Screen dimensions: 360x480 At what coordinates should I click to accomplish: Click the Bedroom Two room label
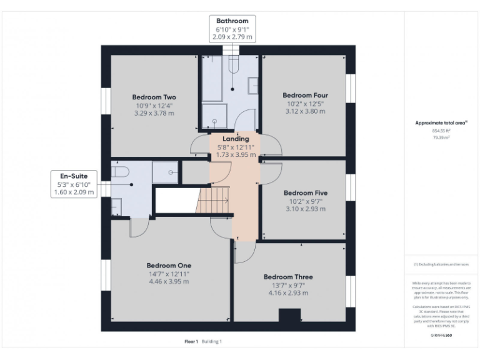pyautogui.click(x=154, y=97)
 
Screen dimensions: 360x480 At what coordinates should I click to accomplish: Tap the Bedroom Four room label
pyautogui.click(x=305, y=95)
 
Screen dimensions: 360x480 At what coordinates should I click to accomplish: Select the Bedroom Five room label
pyautogui.click(x=306, y=192)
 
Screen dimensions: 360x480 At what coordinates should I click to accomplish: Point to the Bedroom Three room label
pyautogui.click(x=288, y=276)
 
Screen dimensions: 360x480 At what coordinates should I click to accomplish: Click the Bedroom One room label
pyautogui.click(x=169, y=265)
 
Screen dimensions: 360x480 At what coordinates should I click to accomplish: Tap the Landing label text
pyautogui.click(x=236, y=138)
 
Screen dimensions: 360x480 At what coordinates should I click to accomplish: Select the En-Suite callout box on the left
pyautogui.click(x=74, y=184)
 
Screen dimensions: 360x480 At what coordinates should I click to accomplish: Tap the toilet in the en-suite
pyautogui.click(x=121, y=171)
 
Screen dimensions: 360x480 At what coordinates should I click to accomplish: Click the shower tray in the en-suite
pyautogui.click(x=165, y=172)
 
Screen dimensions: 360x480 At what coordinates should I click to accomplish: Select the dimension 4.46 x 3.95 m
pyautogui.click(x=169, y=281)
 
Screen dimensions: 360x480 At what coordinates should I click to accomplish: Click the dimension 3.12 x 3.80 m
pyautogui.click(x=305, y=112)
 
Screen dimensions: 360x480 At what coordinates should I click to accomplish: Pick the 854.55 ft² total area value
pyautogui.click(x=441, y=131)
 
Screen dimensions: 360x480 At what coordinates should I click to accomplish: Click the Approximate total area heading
pyautogui.click(x=441, y=123)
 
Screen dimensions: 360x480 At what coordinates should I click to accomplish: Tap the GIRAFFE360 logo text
pyautogui.click(x=441, y=336)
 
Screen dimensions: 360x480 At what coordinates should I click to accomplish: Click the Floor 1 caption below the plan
pyautogui.click(x=191, y=341)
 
